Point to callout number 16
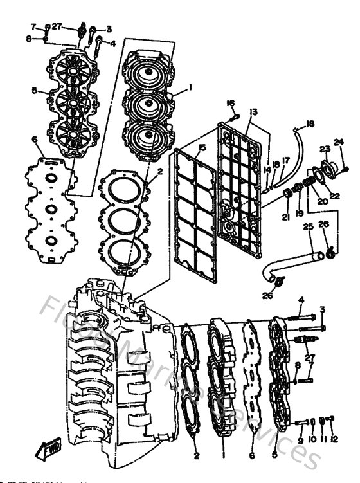[230, 103]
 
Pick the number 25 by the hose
[308, 226]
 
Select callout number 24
[339, 142]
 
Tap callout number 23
[324, 149]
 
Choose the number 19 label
[299, 213]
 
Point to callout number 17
[286, 161]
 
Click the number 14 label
[267, 169]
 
